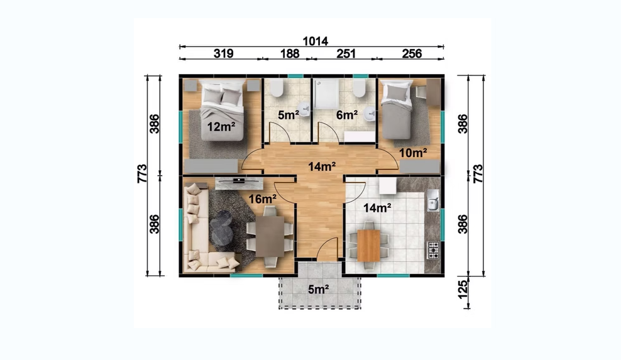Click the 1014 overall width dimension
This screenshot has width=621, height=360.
tap(316, 41)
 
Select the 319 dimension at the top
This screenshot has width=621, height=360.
tap(223, 53)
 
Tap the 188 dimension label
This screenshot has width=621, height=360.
tap(290, 53)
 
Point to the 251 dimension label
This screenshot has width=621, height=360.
tap(346, 53)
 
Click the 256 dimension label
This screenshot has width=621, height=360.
tap(412, 53)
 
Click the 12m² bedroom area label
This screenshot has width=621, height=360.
tap(221, 127)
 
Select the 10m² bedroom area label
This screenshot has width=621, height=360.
tap(413, 153)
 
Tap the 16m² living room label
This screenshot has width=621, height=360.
tap(262, 199)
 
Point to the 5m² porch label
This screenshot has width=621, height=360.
tap(319, 290)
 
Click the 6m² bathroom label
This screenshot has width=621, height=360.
tap(347, 115)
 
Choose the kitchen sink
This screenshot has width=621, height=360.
tap(433, 200)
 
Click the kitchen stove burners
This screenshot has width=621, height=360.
tap(433, 250)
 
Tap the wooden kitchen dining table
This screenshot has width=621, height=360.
tap(368, 246)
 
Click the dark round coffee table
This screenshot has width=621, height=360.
tap(221, 227)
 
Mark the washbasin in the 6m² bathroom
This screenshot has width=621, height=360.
tap(370, 113)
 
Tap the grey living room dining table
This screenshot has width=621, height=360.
tap(270, 236)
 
